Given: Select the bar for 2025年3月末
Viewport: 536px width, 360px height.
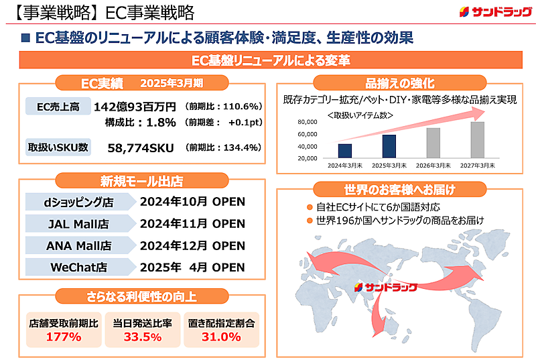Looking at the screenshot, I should coord(389,146).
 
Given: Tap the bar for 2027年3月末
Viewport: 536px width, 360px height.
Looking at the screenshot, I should coord(477,139).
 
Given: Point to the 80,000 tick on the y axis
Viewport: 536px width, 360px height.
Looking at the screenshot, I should coord(305,122).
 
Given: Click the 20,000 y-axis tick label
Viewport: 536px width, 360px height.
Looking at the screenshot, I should coord(305,158).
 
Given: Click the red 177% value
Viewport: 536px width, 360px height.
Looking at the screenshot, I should coord(64,337).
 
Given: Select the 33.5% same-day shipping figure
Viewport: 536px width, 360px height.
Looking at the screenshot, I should coord(142,337).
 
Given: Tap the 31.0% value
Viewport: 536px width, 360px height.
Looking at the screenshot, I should coord(221,337).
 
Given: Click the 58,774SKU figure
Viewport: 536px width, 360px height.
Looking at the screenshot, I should coord(141,147).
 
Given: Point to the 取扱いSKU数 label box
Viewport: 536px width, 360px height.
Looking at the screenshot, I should coord(58,147).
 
